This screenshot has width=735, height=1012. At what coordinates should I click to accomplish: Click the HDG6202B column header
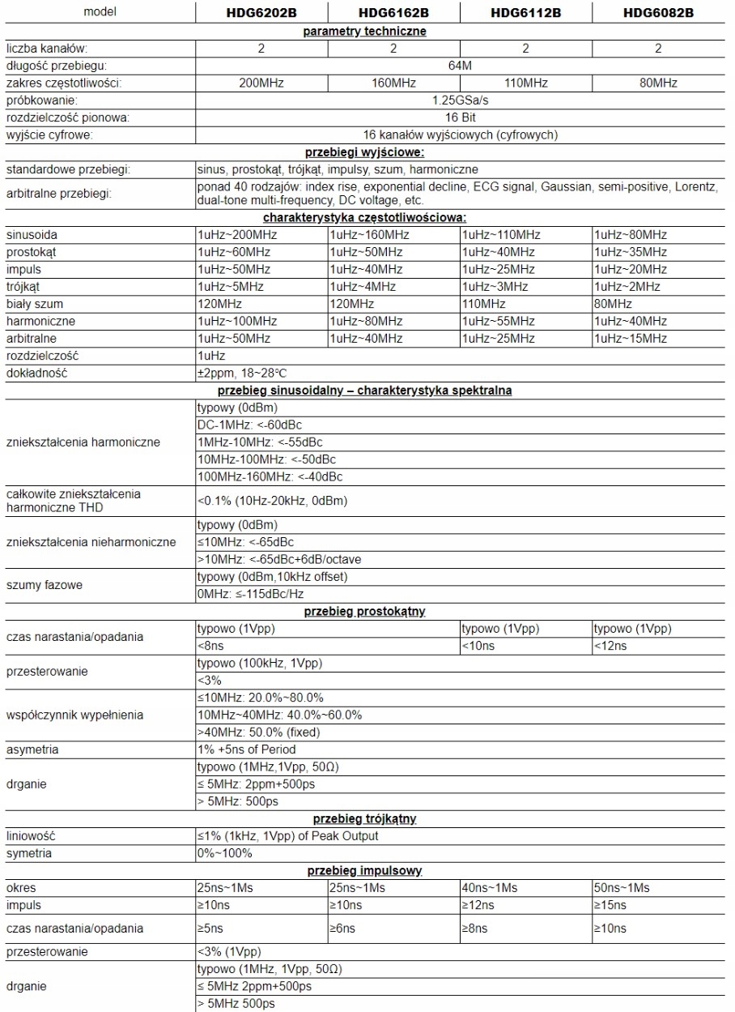261,13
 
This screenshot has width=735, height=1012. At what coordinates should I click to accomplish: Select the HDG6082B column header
657,13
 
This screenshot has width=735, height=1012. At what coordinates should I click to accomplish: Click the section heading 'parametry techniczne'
364,31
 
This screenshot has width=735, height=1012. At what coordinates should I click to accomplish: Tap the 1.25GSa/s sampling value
460,100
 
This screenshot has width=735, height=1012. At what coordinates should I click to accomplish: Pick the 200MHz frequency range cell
261,83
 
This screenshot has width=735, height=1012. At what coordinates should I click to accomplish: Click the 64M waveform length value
460,66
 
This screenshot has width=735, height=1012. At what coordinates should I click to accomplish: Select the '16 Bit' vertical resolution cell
460,117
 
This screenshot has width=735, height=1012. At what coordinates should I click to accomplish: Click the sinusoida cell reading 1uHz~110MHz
500,235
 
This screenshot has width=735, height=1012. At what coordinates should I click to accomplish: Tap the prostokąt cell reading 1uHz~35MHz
631,252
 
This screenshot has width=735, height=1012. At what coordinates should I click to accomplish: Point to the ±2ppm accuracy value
240,373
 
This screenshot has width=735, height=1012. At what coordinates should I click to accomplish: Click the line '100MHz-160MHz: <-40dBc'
270,476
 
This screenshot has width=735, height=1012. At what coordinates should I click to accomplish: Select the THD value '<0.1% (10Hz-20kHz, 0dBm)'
272,501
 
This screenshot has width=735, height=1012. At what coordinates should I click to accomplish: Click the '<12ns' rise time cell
610,646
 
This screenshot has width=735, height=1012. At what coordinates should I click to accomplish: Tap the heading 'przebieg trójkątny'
364,818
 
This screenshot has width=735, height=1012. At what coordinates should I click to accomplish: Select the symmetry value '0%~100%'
225,853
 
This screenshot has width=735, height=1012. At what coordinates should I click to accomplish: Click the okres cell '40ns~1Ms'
490,888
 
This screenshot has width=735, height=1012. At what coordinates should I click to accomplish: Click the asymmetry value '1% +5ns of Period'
247,749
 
